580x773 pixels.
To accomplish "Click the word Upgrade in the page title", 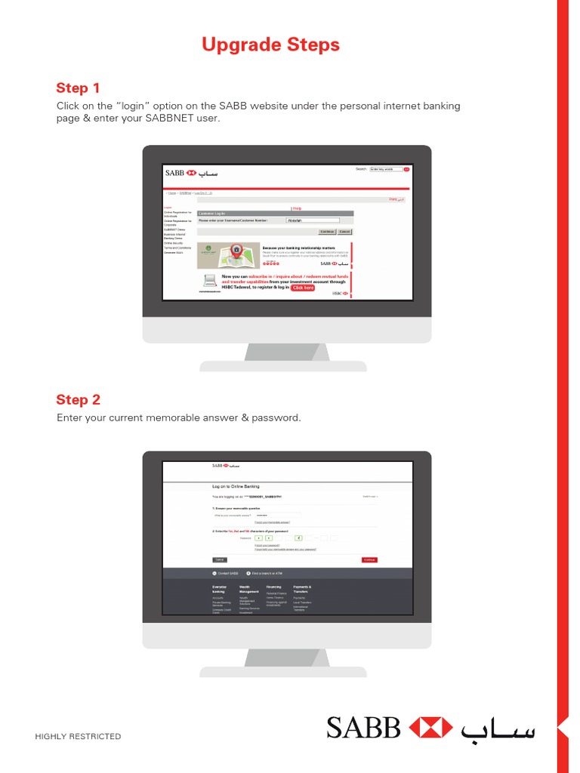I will coord(237,45).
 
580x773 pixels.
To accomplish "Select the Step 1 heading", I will coord(78,88).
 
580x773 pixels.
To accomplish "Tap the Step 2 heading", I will coord(78,399).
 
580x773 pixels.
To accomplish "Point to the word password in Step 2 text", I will coord(276,417).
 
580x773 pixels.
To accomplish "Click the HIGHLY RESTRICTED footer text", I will coord(78,736).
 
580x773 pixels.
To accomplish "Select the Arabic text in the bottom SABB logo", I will coord(498,728).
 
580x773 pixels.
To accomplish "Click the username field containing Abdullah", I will coord(313,220).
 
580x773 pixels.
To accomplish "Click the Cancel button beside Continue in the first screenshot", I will coord(344,232).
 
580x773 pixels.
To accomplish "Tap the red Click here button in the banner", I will coord(303,288).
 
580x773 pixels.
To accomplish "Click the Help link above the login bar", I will coord(297,208).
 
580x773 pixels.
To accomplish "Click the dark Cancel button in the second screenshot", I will coord(220,559).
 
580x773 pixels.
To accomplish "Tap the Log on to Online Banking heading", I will coord(236,487).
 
